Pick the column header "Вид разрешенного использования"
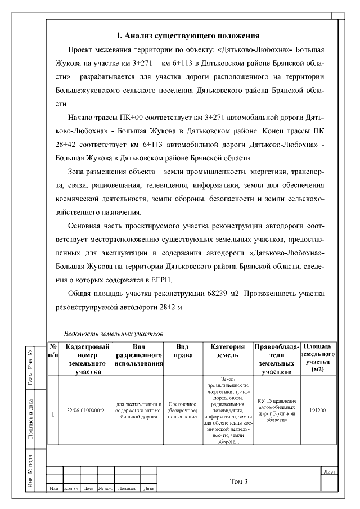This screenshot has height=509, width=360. click(138, 355)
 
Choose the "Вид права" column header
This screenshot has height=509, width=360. click(182, 352)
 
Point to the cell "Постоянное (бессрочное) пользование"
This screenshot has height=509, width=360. click(182, 410)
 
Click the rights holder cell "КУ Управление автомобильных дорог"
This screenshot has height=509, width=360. click(276, 410)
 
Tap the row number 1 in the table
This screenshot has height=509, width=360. click(53, 415)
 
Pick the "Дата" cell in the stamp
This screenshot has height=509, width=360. click(148, 489)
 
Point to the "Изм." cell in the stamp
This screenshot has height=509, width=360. click(55, 489)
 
